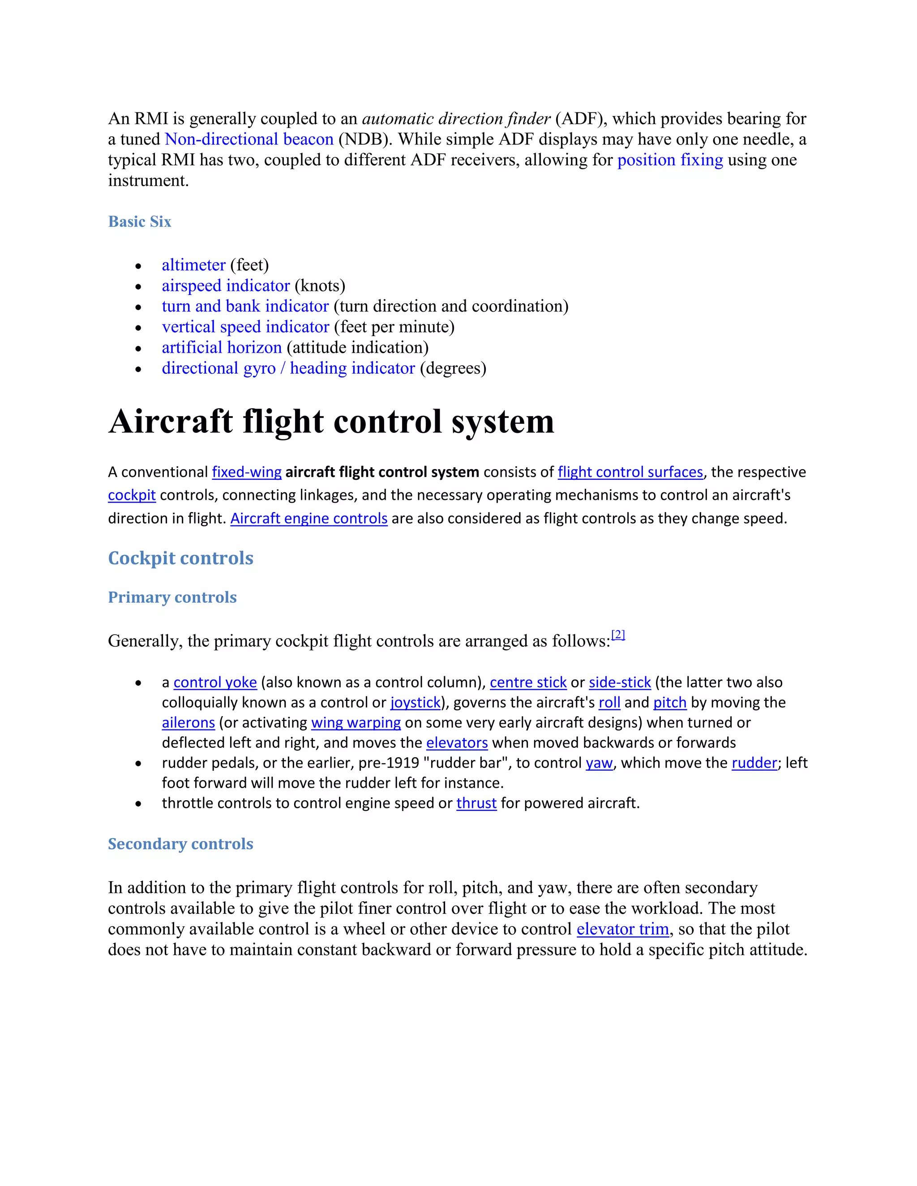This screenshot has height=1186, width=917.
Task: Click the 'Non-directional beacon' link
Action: [249, 140]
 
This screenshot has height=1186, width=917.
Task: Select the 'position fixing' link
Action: [670, 160]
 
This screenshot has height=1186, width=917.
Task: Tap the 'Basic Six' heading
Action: [140, 222]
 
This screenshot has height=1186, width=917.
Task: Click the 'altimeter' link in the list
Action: [193, 265]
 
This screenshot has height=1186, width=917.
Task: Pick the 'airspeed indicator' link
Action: [226, 286]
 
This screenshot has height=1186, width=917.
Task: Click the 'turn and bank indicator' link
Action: [245, 306]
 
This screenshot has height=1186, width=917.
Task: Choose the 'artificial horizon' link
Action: [222, 348]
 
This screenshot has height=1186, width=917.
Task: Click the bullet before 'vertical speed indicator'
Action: [138, 328]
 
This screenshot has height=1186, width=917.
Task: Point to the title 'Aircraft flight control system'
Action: [331, 422]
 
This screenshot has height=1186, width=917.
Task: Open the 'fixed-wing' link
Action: [247, 472]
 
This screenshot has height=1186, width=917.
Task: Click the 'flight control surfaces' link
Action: [630, 472]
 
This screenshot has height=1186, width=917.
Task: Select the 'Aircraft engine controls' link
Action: [309, 519]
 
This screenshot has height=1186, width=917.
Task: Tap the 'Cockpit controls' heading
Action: [180, 558]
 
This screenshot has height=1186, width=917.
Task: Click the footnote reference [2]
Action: [618, 634]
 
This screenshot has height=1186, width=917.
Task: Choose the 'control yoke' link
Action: [215, 683]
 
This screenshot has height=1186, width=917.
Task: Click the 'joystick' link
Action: [415, 703]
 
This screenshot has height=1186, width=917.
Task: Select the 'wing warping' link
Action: [356, 723]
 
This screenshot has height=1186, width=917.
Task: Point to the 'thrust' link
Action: [476, 803]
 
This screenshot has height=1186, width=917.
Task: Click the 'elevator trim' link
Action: [622, 929]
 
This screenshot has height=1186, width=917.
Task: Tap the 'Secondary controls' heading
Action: [180, 844]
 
